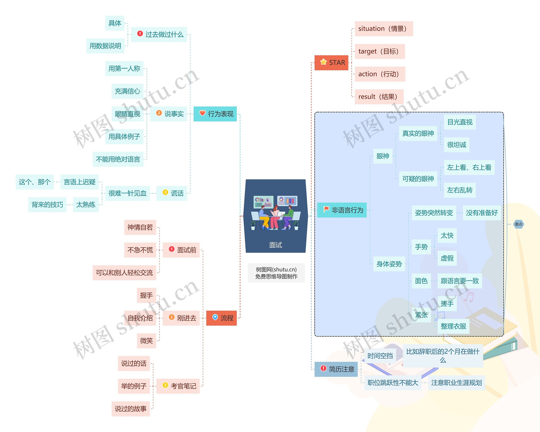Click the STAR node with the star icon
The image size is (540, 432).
pos(331,63)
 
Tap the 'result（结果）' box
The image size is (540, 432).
pos(379,97)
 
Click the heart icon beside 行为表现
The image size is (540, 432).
pos(202,113)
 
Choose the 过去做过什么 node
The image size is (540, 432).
pos(159,34)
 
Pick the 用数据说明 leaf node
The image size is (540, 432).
pos(105,46)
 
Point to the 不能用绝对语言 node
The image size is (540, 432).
pos(118,159)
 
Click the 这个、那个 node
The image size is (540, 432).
pos(35,182)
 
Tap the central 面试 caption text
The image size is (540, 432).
pos(275,245)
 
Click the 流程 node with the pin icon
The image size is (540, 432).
pos(221,318)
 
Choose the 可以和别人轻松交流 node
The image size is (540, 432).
pos(124,273)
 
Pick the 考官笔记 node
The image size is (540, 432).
pos(178,386)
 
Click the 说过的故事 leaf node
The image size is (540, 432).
pos(131,409)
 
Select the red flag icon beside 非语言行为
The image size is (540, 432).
pos(326,209)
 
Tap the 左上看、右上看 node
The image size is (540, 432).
pos(469,167)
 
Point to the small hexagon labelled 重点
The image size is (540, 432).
pos(518,224)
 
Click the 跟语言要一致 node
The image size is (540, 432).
pos(460,281)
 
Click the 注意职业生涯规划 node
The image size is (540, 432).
pos(456,383)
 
